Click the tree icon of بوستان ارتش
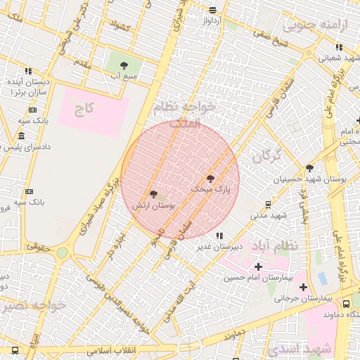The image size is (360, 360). point(153,194)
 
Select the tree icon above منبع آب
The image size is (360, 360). point(124,65)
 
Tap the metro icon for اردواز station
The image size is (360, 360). point(212,10)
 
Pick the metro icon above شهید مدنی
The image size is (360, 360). point(268,204)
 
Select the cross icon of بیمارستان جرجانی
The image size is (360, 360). point(303,287)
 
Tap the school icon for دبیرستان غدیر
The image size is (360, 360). point(219,236)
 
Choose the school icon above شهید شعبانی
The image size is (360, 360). point(339,48)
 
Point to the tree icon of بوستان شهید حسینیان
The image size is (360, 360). point(309,167)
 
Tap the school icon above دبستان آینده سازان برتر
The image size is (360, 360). point(28,71)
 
